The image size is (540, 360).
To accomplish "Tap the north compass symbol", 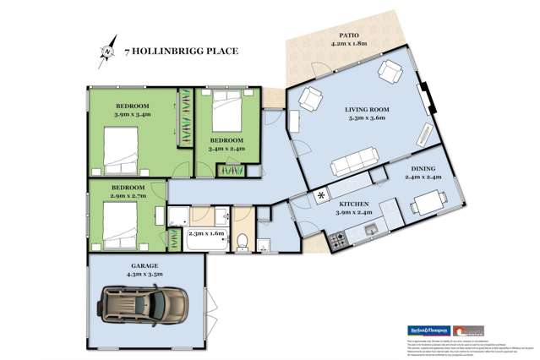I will pyautogui.click(x=107, y=52).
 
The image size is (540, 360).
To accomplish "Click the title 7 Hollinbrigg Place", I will pyautogui.click(x=181, y=51).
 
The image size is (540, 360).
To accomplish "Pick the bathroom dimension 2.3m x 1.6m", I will pyautogui.click(x=207, y=233).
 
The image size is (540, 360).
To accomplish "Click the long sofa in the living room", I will pyautogui.click(x=350, y=160).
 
